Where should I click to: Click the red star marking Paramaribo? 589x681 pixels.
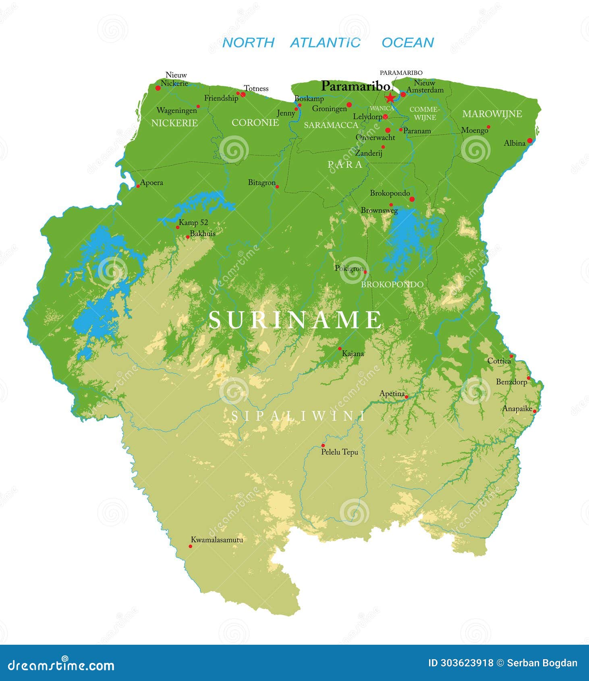point(390,98)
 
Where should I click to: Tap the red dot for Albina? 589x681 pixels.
point(530,141)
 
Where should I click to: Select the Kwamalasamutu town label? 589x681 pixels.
point(217,540)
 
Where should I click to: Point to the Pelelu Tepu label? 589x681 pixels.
point(339,452)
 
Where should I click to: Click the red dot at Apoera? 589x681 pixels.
point(138,186)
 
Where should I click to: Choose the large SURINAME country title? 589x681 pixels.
point(295,320)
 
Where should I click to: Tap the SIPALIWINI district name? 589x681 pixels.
point(298,416)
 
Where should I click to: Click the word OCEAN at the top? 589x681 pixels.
point(407,43)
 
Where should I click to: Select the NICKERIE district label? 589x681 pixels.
point(174,123)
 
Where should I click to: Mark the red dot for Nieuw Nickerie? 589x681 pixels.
point(158,88)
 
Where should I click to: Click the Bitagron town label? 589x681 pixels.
point(261,183)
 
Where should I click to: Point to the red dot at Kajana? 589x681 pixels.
point(340,349)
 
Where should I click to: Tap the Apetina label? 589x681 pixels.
point(392,394)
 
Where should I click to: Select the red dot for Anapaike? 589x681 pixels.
point(535,411)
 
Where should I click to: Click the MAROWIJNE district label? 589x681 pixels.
point(492,114)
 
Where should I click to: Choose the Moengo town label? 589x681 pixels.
point(475,130)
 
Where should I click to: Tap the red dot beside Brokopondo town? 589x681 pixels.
point(412,199)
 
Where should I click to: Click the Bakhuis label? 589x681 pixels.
point(203,233)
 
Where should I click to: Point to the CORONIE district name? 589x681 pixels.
point(255,122)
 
